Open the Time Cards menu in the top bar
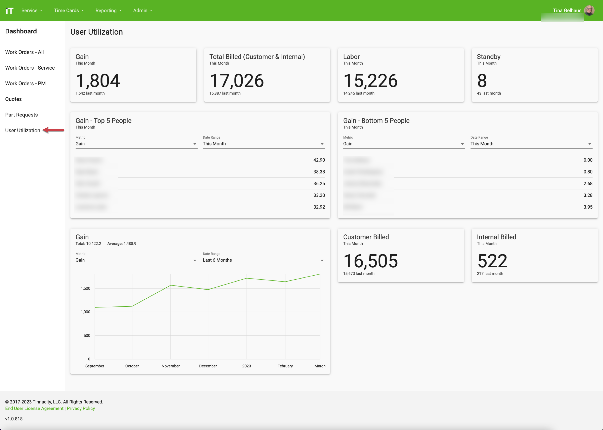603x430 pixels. click(x=69, y=11)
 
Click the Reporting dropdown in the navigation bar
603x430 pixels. click(x=108, y=11)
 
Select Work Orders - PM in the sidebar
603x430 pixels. click(x=25, y=84)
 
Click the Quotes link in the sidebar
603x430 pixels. click(x=13, y=99)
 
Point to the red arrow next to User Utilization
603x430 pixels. click(x=53, y=130)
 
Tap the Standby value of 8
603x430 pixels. click(x=482, y=80)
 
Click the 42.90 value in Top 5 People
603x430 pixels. click(x=319, y=160)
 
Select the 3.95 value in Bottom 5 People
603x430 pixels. click(x=588, y=207)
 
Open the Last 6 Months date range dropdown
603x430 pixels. click(x=264, y=260)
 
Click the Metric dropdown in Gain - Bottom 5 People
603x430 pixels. click(x=404, y=144)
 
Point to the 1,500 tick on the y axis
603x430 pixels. click(x=85, y=288)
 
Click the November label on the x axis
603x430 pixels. click(x=171, y=366)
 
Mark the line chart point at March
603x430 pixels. click(x=320, y=274)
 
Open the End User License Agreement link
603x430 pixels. click(x=34, y=408)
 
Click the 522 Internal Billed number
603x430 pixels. click(x=492, y=261)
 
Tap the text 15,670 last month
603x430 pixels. click(x=359, y=273)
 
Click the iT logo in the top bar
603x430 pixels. click(x=9, y=11)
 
